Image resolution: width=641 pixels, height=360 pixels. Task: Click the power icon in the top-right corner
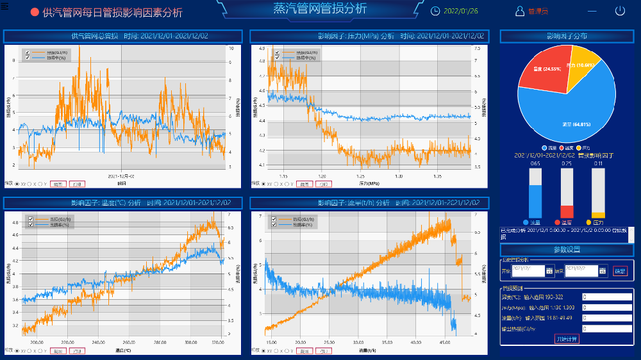[620, 11]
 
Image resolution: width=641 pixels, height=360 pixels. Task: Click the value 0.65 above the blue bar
[535, 164]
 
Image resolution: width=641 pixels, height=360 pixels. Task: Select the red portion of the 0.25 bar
[567, 211]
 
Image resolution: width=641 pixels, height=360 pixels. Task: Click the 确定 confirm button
[620, 271]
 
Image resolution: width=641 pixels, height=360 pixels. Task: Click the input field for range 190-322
[606, 297]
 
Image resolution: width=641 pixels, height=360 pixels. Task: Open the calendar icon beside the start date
[549, 271]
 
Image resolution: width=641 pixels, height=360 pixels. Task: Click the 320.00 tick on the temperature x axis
[218, 343]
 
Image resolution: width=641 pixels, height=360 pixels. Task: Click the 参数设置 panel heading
[567, 249]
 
